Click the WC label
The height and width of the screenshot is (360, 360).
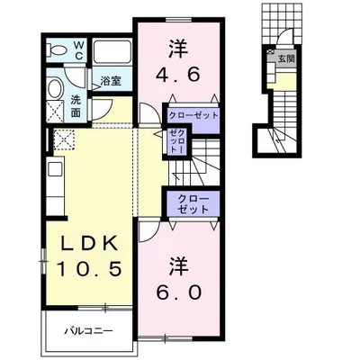78,50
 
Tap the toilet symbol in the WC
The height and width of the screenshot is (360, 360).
58,49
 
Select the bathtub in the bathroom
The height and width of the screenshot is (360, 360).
112,51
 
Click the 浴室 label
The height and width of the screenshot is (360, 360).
111,80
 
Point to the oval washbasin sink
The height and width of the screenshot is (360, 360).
55,88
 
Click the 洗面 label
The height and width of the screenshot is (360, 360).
76,106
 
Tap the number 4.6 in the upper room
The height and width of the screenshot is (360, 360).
177,74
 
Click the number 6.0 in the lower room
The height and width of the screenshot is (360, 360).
178,292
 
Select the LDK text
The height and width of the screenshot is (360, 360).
89,243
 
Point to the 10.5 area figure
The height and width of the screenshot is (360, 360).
89,268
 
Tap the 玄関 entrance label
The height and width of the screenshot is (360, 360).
286,58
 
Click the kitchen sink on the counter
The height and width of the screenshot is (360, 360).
55,169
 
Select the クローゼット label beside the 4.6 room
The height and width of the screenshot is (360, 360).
193,115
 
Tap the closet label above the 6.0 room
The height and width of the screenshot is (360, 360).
193,204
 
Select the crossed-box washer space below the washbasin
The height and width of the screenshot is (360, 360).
56,112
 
